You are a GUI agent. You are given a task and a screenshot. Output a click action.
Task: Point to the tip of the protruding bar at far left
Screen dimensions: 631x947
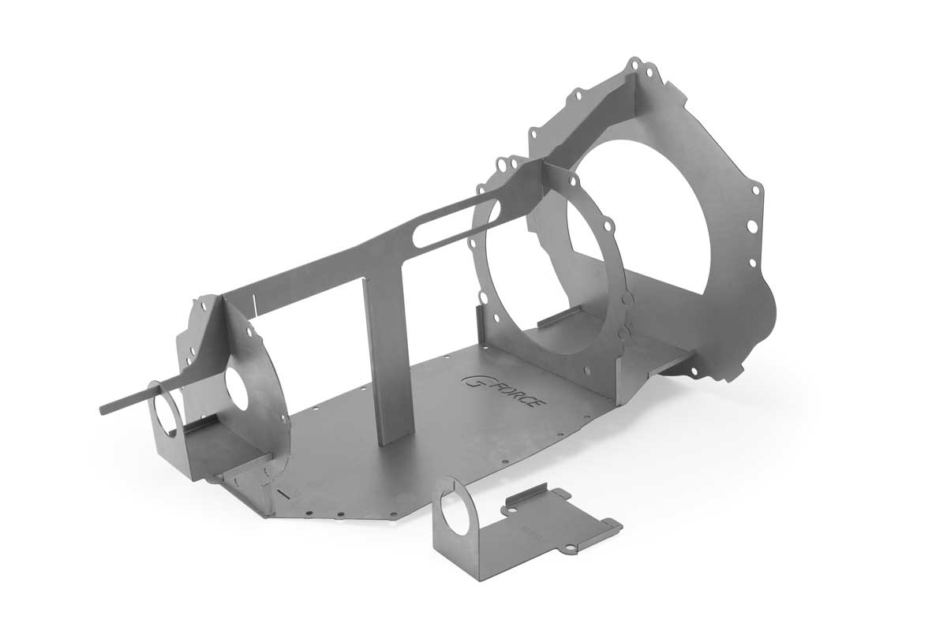(105, 409)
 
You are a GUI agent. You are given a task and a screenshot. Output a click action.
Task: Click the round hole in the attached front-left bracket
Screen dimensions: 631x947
(168, 411)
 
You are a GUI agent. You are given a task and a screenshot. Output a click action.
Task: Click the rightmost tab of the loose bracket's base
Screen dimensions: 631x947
(614, 525)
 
